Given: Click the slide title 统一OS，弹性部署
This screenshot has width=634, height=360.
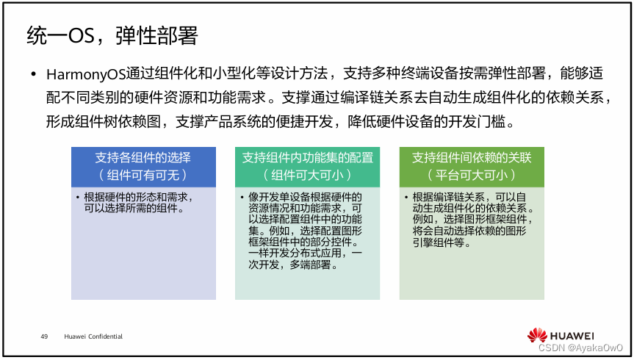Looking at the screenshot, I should click(x=112, y=35).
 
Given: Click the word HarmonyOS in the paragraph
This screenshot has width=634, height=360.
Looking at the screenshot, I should click(x=85, y=76).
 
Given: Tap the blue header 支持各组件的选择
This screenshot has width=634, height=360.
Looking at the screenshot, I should click(x=143, y=158).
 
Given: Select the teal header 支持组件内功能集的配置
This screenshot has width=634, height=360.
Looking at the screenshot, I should click(x=307, y=158).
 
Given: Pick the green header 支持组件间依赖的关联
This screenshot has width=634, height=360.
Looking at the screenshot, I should click(x=471, y=158).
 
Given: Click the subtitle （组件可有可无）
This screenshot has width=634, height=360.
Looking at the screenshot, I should click(x=143, y=175).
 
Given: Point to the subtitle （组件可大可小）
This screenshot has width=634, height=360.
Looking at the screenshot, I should click(x=307, y=175).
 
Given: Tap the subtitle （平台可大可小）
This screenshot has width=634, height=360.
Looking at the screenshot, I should click(x=471, y=175).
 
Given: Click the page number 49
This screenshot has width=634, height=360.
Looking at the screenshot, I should click(x=44, y=336).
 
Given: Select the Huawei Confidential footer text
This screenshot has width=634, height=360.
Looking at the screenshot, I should click(x=93, y=336).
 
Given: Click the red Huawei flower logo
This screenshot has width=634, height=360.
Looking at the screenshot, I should click(x=538, y=334).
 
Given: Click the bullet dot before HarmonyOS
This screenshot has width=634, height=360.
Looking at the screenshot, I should click(x=32, y=76).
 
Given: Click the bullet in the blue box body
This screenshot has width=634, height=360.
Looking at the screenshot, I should click(x=78, y=198).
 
